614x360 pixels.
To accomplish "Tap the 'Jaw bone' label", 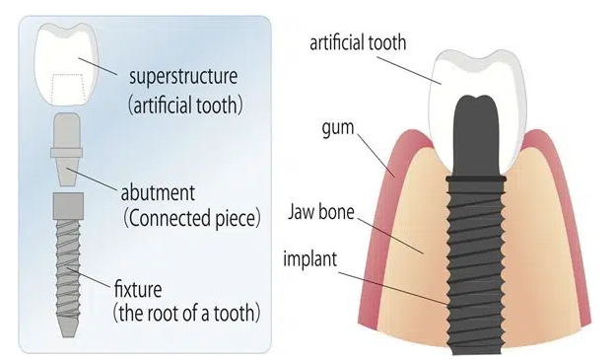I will click(x=324, y=211).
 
